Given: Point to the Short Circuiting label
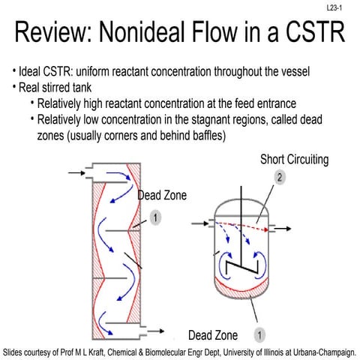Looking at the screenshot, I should [x=295, y=160].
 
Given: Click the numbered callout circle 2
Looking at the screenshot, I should [x=279, y=178].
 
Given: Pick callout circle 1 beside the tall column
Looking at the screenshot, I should [x=154, y=217].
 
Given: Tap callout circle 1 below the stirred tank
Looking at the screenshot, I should [x=259, y=334].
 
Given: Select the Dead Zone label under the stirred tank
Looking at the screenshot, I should [x=213, y=334].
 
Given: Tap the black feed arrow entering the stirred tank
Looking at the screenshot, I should [x=199, y=222].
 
